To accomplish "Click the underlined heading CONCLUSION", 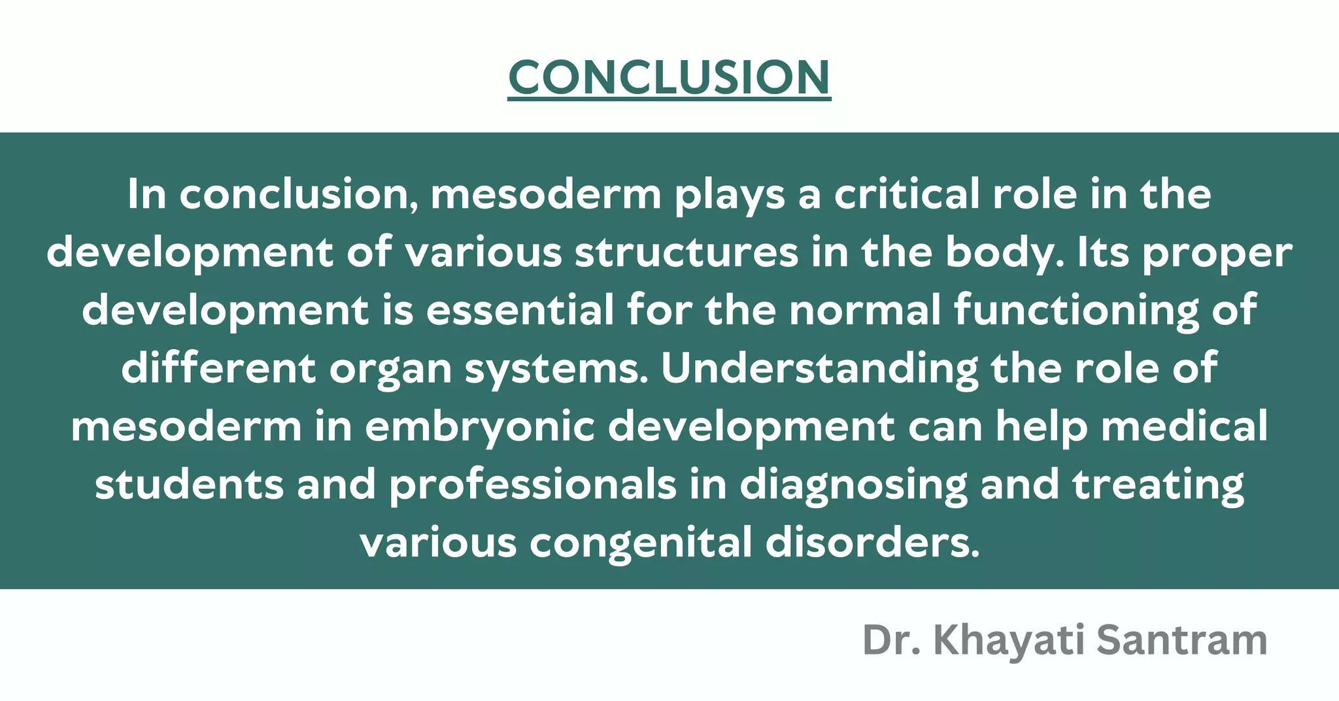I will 669,77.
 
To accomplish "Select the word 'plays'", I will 730,196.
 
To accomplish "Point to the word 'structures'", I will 686,252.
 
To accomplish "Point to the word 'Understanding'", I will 819,369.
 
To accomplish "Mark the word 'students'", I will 190,485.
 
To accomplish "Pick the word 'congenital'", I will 641,543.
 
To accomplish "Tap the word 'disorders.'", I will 873,543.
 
